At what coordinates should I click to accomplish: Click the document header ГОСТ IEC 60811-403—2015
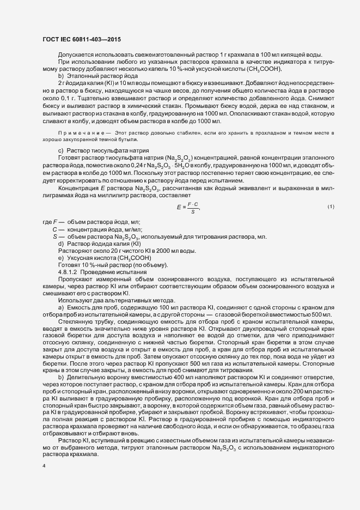81,39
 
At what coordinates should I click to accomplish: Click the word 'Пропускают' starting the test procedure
75,278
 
